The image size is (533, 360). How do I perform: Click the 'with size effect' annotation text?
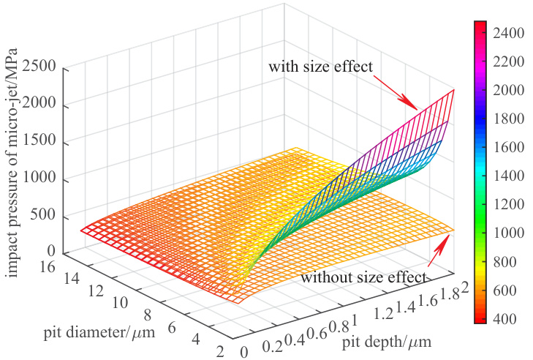[x=321, y=67]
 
